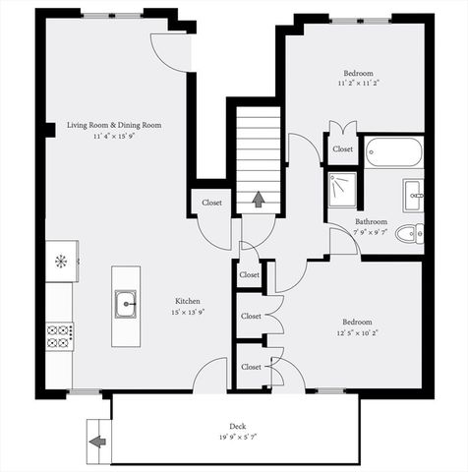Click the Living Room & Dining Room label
[x=113, y=125]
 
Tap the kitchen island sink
[x=125, y=305]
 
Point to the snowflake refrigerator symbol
[x=59, y=261]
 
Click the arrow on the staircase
[x=258, y=200]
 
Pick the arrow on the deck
[x=98, y=442]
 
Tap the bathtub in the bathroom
[x=393, y=152]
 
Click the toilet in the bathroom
[x=414, y=232]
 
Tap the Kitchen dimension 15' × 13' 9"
[x=189, y=313]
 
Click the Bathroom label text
[x=371, y=222]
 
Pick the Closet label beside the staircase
[x=211, y=203]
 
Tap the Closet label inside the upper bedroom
[x=342, y=148]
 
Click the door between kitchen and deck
[x=210, y=378]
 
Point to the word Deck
[x=234, y=427]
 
